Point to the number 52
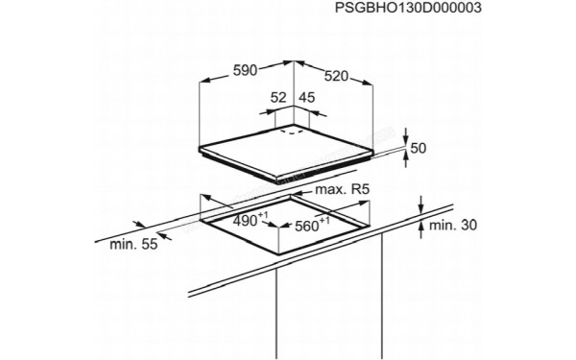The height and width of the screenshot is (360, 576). click(x=278, y=97)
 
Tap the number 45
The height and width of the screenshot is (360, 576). click(x=307, y=97)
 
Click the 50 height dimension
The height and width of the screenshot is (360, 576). click(x=418, y=149)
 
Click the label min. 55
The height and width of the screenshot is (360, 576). click(x=132, y=246)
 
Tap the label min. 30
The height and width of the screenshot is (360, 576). click(x=451, y=226)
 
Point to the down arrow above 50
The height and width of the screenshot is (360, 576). click(x=406, y=133)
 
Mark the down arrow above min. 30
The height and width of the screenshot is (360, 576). click(x=422, y=204)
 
